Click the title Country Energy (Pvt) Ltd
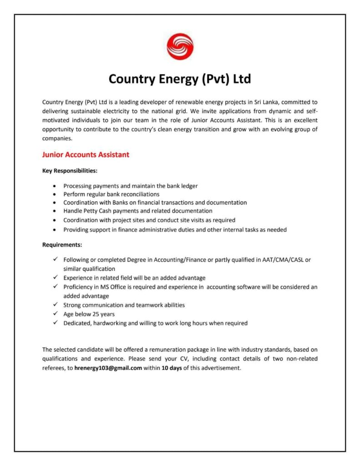[x=180, y=79]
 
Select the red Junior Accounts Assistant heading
[x=86, y=155]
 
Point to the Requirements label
[x=62, y=245]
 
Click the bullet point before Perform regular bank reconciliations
[x=55, y=194]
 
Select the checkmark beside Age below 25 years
[x=55, y=314]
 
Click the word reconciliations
[x=137, y=194]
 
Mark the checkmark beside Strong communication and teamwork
[x=55, y=305]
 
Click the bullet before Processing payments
[x=55, y=186]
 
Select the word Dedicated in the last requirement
[x=77, y=323]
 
